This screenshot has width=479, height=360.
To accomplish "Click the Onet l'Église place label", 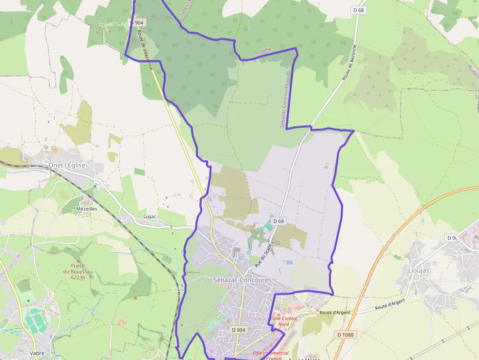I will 66,165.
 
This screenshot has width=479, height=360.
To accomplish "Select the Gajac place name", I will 150,216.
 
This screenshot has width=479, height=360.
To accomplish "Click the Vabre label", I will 37,353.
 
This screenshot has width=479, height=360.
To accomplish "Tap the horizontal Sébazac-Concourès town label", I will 242,280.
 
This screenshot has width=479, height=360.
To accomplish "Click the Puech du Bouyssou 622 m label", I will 74,272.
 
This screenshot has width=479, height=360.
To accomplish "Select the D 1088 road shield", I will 345,335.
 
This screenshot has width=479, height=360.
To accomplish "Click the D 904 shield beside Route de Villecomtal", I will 137,22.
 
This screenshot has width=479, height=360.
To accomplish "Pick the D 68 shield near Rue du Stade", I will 279,221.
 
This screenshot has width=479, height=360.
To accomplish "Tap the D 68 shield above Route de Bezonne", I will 359,10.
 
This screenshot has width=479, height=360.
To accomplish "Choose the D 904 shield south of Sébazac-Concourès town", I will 239,330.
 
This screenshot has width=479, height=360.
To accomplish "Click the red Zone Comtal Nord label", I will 283,321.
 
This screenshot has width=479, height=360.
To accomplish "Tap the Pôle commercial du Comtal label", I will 270,356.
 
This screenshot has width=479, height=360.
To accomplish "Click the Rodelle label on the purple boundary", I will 263,51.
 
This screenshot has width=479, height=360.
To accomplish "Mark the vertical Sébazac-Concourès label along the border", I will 284,106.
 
